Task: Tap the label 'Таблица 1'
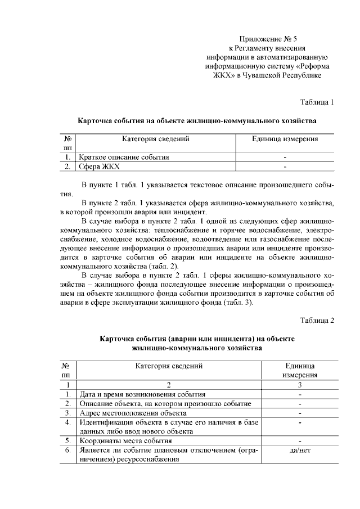(317, 102)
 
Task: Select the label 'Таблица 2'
(317, 321)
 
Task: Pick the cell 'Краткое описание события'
(124, 157)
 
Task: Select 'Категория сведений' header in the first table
(155, 139)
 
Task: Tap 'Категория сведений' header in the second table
(169, 366)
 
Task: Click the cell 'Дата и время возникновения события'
(142, 394)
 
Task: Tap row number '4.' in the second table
(67, 422)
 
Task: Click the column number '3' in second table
(299, 385)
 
